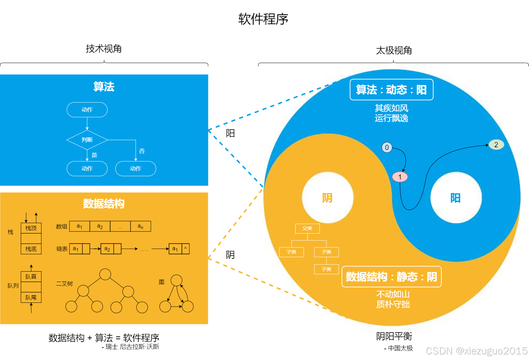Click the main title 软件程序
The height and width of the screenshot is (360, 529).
[x=263, y=19]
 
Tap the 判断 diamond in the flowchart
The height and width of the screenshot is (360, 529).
[x=87, y=140]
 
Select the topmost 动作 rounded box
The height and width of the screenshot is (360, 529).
[x=87, y=109]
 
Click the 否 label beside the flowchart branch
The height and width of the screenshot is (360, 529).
[x=142, y=151]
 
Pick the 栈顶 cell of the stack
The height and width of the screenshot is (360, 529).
[x=31, y=228]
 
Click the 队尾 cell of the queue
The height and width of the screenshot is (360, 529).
[x=31, y=297]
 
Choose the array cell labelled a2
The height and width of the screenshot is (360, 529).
[x=100, y=226]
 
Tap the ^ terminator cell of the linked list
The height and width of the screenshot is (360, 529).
[x=185, y=249]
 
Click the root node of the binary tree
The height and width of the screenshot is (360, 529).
[x=105, y=274]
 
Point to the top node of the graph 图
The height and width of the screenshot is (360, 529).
[x=176, y=280]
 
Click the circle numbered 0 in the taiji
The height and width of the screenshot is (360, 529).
[x=387, y=147]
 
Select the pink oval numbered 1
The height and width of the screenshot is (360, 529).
[x=400, y=177]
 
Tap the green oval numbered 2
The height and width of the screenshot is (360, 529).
[x=496, y=144]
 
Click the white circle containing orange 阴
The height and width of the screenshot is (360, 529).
[x=327, y=197]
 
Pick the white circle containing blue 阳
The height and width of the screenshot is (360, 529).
[x=456, y=197]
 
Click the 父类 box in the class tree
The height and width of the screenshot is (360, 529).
[x=307, y=228]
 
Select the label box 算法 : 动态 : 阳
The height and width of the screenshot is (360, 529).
[x=391, y=90]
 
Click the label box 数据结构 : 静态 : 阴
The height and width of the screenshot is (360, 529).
[x=391, y=276]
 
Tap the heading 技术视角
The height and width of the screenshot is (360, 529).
[x=104, y=49]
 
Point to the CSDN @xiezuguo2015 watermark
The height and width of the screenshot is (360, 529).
[x=476, y=351]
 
